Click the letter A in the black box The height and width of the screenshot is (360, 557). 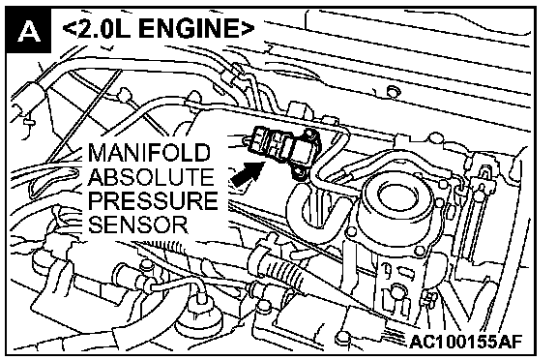(29, 31)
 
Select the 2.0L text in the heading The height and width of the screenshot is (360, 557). (103, 28)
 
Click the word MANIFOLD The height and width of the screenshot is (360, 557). (149, 153)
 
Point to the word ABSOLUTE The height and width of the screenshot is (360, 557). (151, 177)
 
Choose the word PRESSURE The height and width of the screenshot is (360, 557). (153, 200)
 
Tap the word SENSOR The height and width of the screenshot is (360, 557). (138, 225)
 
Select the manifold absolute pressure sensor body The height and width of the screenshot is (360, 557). (284, 149)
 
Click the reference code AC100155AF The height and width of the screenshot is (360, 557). (466, 342)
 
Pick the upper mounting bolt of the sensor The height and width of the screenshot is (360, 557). (310, 135)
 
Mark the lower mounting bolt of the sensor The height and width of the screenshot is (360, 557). (299, 173)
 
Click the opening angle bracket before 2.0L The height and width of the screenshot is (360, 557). (69, 28)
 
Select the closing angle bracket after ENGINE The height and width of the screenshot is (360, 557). (248, 28)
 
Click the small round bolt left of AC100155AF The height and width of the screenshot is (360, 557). (343, 338)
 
